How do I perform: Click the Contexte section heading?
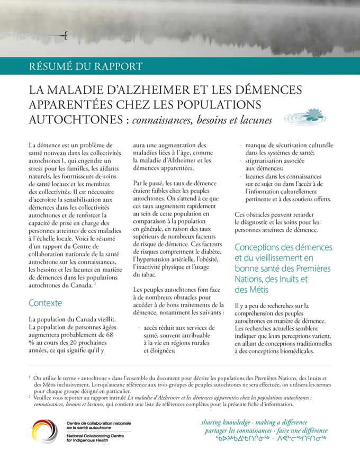(45, 303)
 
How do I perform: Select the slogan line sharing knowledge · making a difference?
(254, 423)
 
